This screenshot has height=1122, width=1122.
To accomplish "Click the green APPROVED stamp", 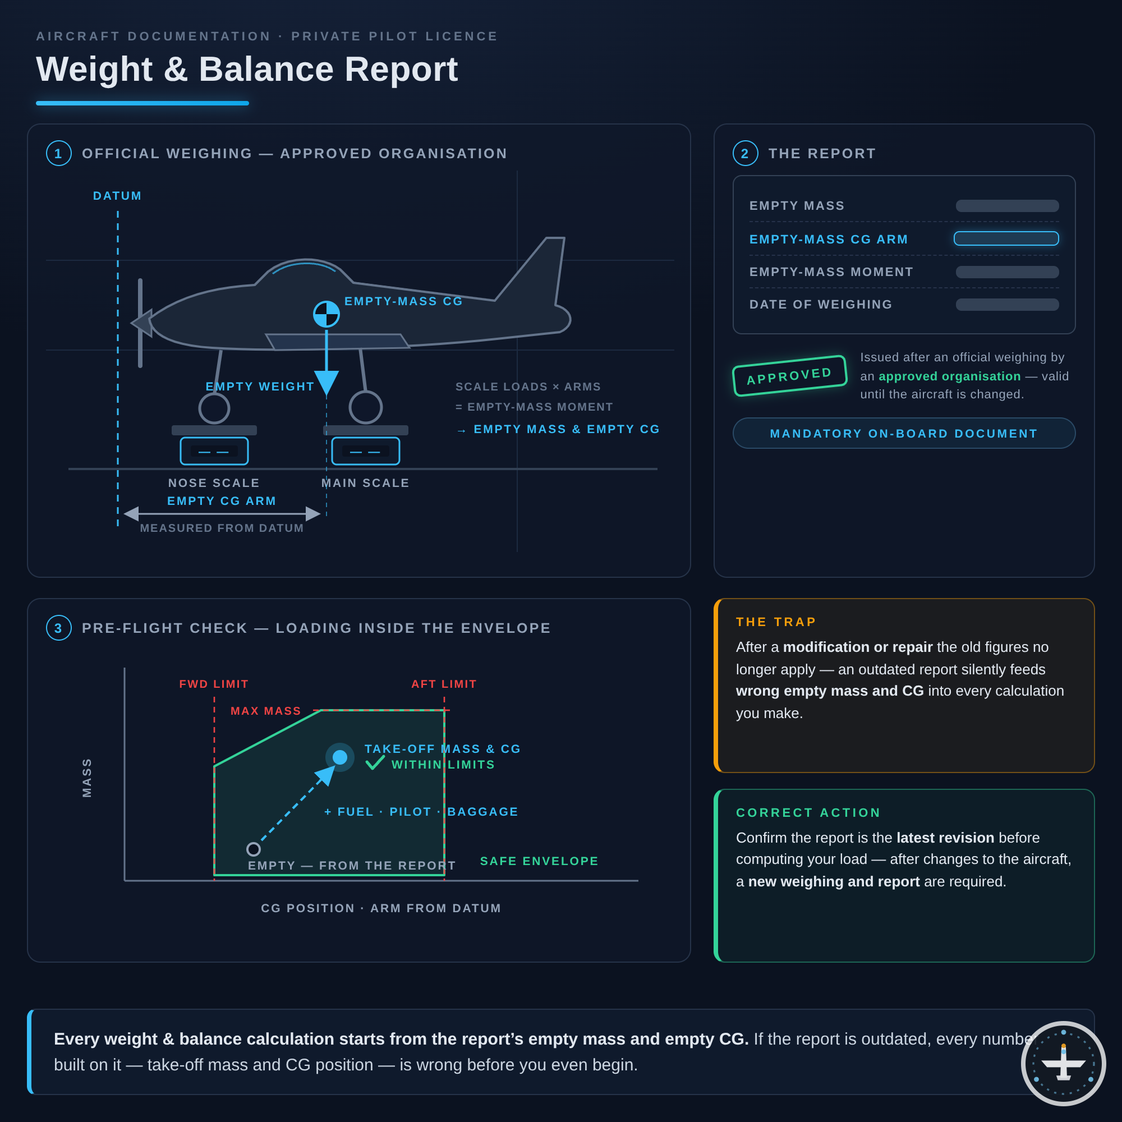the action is coord(789,376).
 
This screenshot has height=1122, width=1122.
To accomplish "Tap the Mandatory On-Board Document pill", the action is coord(904,433).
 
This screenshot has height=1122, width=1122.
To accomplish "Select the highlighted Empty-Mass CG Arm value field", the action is coord(1006,238).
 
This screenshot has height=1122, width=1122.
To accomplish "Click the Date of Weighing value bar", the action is coord(1007,304).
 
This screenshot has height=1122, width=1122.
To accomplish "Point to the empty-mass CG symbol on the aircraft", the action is coord(327,314).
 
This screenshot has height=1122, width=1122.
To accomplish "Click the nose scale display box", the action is coord(214,451).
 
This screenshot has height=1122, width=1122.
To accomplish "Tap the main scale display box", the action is coord(366,451).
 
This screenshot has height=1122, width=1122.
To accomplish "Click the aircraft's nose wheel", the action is coord(214,408).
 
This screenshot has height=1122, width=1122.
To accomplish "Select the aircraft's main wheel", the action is coord(366,407).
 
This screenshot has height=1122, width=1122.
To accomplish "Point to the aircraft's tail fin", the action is coord(534,270).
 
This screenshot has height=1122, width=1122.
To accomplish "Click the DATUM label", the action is coord(117,196).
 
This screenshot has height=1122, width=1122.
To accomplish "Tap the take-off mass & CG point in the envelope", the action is coord(340,757).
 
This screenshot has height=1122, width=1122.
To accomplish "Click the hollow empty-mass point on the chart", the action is coord(253,849).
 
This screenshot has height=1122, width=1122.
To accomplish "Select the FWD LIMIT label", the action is coord(214,684).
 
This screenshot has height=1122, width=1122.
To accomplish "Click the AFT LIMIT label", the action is coord(444,684).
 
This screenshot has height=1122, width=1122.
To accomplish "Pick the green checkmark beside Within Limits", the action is coord(375,762).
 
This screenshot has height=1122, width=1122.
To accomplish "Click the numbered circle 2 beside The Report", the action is coord(746,153).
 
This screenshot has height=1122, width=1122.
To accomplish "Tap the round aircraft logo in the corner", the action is coord(1063,1063).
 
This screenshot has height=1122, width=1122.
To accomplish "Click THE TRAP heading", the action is coord(776,622).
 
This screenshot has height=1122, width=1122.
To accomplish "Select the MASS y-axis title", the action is coord(87,778).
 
